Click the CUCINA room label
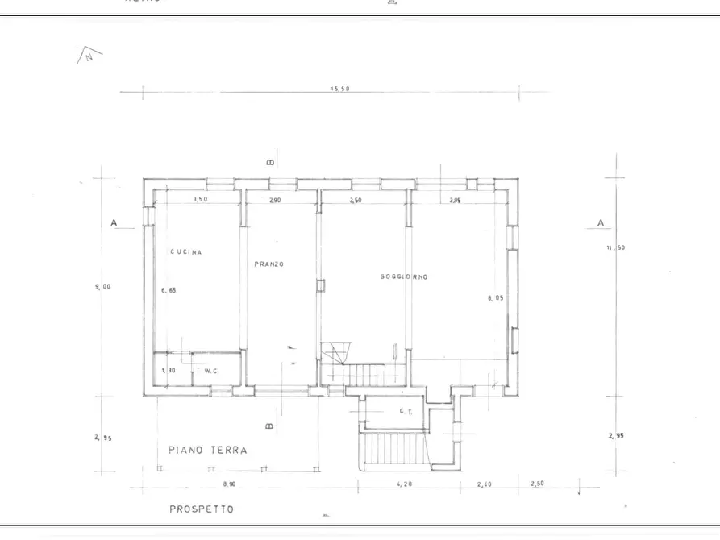tap(185, 252)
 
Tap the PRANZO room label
tap(268, 264)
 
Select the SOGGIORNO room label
tap(404, 276)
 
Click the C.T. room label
tap(406, 411)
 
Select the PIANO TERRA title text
tap(208, 451)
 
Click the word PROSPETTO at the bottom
tap(202, 509)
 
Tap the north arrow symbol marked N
tap(89, 56)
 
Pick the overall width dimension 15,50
tap(339, 89)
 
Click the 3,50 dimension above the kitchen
tap(201, 199)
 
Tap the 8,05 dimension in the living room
tap(495, 297)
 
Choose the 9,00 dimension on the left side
tap(102, 286)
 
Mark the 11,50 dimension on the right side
tap(616, 247)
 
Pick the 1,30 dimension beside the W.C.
tap(168, 370)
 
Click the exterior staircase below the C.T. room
tap(392, 451)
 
